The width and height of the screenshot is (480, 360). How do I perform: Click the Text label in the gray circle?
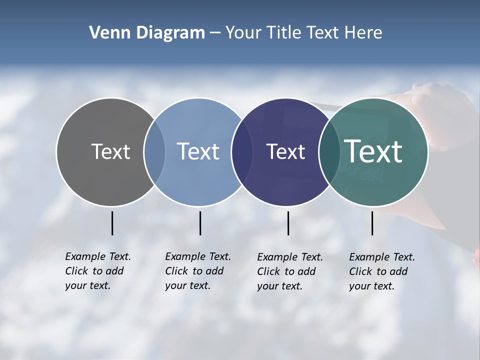click(x=110, y=152)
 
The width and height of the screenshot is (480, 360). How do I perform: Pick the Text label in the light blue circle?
click(x=198, y=152)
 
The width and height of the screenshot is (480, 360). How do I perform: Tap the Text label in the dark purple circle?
click(x=285, y=152)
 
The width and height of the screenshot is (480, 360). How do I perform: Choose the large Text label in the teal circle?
click(x=373, y=152)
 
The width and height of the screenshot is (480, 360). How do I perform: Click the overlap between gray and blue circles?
click(x=154, y=152)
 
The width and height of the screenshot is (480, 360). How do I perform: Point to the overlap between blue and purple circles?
click(x=242, y=152)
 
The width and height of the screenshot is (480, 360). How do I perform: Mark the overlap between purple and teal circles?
click(x=329, y=152)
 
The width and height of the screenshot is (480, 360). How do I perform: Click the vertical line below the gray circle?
click(x=112, y=223)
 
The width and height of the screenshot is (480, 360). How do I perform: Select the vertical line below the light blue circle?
click(x=200, y=223)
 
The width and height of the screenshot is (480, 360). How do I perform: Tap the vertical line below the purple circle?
click(x=288, y=223)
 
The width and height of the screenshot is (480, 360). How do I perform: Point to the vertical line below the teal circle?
click(x=372, y=223)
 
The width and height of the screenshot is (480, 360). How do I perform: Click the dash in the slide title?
click(x=215, y=33)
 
